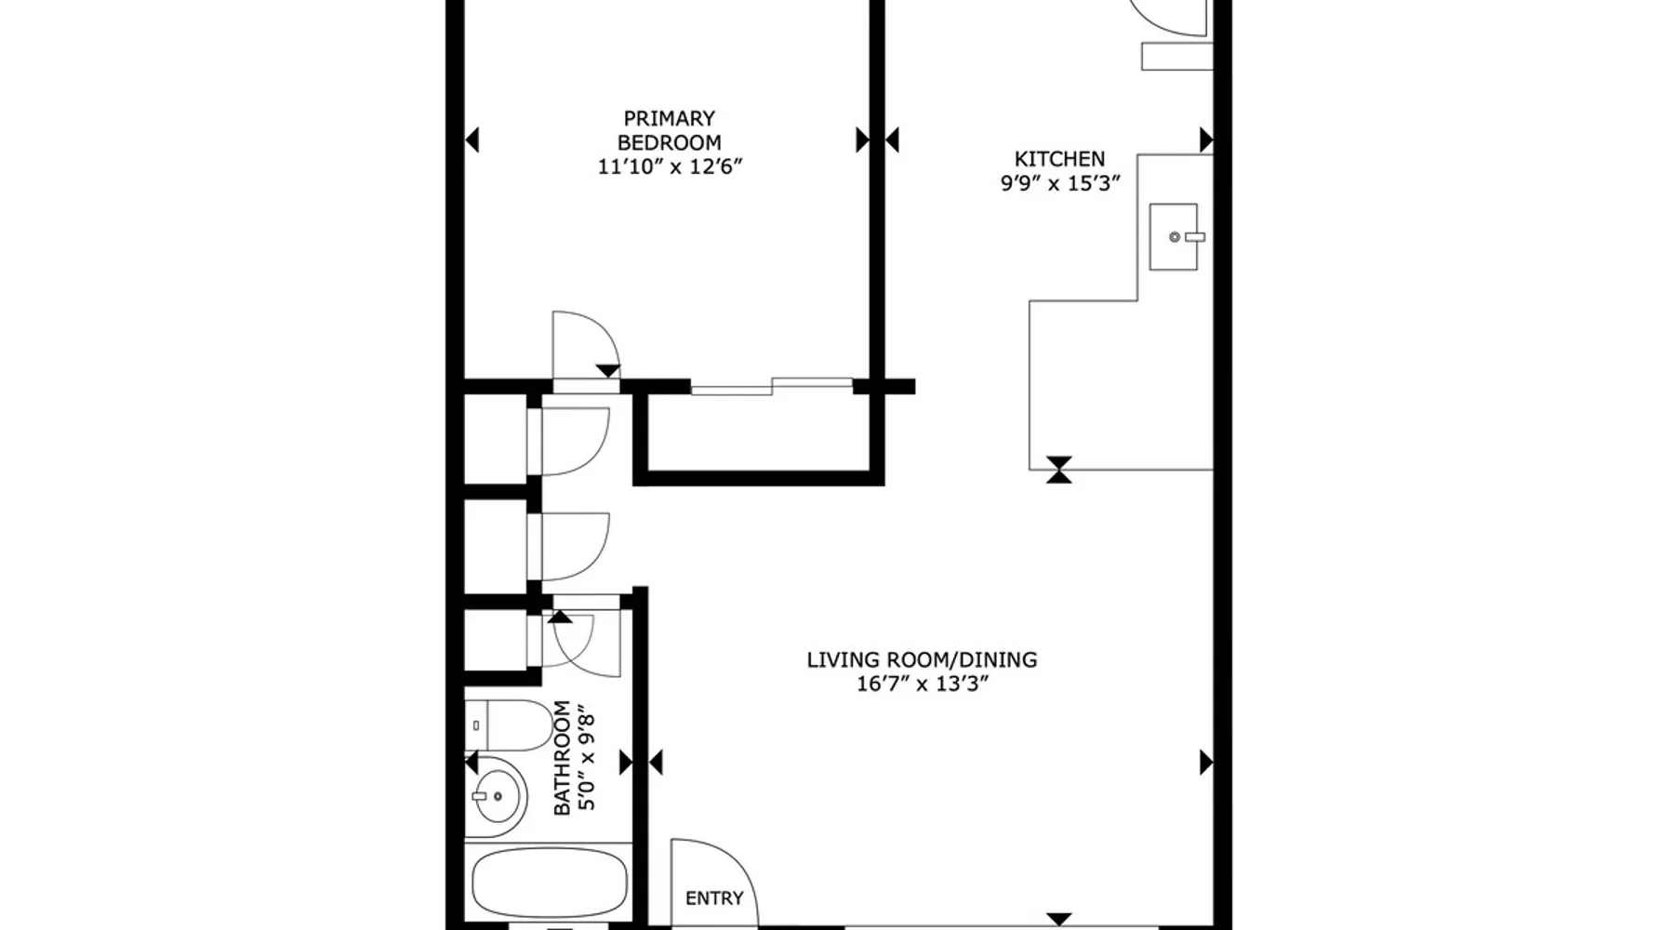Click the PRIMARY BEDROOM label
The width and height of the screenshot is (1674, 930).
tap(670, 130)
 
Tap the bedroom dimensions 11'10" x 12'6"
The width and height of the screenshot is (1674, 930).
tap(670, 167)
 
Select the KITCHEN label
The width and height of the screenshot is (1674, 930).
tap(1059, 159)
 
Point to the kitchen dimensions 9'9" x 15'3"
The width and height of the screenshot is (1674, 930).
tap(1060, 183)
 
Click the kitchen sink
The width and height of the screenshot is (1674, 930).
tap(1174, 237)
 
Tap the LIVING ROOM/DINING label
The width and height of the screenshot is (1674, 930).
tap(922, 660)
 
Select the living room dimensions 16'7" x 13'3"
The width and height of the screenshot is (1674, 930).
tap(922, 684)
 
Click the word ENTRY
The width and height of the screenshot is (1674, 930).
tap(714, 898)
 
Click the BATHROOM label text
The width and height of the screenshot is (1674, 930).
tap(562, 758)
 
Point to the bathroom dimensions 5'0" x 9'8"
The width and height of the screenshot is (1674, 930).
tap(586, 760)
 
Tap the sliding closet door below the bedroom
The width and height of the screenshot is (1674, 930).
tap(771, 385)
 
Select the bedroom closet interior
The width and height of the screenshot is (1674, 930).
tap(759, 432)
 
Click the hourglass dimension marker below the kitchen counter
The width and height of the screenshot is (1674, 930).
tap(1059, 470)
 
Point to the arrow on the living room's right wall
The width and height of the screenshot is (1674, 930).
tap(1206, 763)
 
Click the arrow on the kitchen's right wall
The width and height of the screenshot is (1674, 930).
tap(1206, 140)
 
